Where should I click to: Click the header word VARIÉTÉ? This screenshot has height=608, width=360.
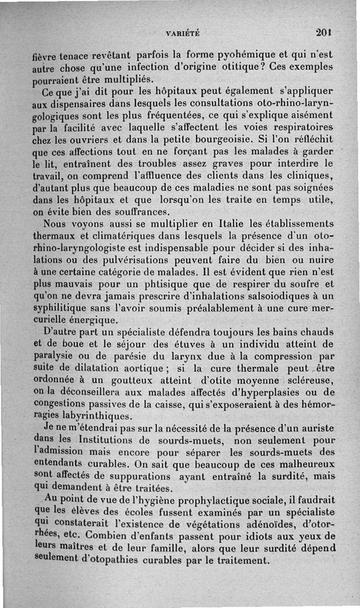183,32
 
